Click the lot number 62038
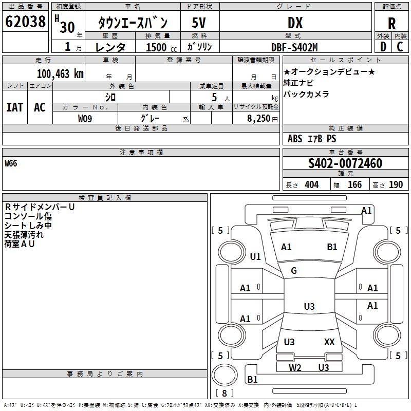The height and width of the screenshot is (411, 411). point(25,22)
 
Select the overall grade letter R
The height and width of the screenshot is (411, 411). point(391,24)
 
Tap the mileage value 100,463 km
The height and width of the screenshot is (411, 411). point(60,74)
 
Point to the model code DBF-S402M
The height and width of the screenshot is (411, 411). point(294,47)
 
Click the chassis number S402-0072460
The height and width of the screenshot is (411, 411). point(345,163)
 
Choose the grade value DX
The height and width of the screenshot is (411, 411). point(295,23)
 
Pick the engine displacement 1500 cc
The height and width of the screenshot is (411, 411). point(161,47)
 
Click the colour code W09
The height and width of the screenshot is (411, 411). point(85,119)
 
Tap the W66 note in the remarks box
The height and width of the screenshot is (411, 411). point(11,163)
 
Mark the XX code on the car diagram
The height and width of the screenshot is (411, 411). point(329,342)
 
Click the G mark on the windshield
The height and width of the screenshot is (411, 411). point(294,271)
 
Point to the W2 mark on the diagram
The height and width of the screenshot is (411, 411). point(295,367)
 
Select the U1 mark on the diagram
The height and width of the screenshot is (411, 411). point(255,256)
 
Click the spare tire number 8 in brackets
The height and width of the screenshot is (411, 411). point(225,393)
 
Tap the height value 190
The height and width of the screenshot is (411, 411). point(396,184)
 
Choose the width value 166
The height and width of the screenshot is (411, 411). point(354,184)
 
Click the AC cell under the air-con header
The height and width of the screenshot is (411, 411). point(40,107)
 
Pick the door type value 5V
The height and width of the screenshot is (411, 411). point(199,23)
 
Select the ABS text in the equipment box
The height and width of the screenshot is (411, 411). point(295,138)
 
